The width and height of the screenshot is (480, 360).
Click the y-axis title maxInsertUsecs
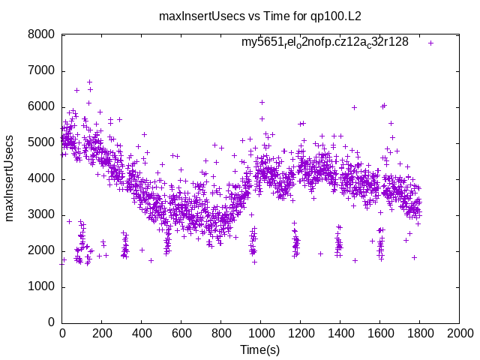click(10, 178)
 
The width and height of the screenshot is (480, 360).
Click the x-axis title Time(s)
click(259, 349)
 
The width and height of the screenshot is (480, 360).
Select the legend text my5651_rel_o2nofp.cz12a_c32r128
click(325, 42)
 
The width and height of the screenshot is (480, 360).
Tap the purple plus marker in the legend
click(430, 43)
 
